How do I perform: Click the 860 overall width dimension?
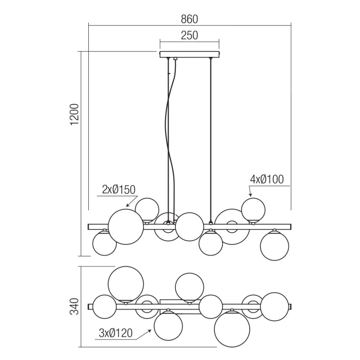(x=190, y=19)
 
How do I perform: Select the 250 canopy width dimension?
(x=189, y=35)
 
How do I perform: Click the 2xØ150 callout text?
(x=119, y=190)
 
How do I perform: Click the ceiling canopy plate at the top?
(x=190, y=54)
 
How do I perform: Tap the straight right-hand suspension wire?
(x=211, y=137)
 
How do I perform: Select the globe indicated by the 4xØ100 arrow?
(x=253, y=209)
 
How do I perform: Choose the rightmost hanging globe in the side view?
(x=274, y=246)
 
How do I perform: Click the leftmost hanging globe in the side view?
(x=104, y=243)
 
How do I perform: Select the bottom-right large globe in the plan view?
(x=232, y=330)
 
